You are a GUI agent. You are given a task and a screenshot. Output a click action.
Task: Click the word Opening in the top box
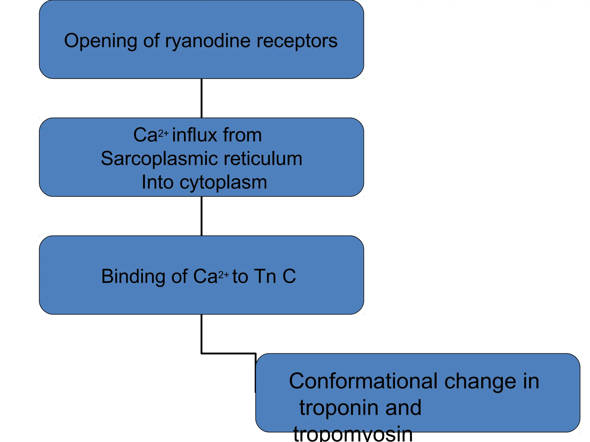pos(100,41)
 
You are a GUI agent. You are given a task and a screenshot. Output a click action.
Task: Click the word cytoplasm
pos(223,183)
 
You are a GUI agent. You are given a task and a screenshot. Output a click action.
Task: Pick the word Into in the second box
pos(158,182)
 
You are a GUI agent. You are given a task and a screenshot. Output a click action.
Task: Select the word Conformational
pos(364,381)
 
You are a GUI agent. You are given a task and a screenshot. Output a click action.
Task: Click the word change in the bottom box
pos(480,381)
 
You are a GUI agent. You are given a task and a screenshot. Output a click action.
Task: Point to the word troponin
pos(339,408)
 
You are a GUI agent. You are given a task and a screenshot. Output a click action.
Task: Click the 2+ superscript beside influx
pos(163,133)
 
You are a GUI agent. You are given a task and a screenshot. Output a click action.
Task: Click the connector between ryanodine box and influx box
pos(201,98)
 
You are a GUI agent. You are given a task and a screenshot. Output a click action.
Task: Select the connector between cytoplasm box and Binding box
pos(201,216)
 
